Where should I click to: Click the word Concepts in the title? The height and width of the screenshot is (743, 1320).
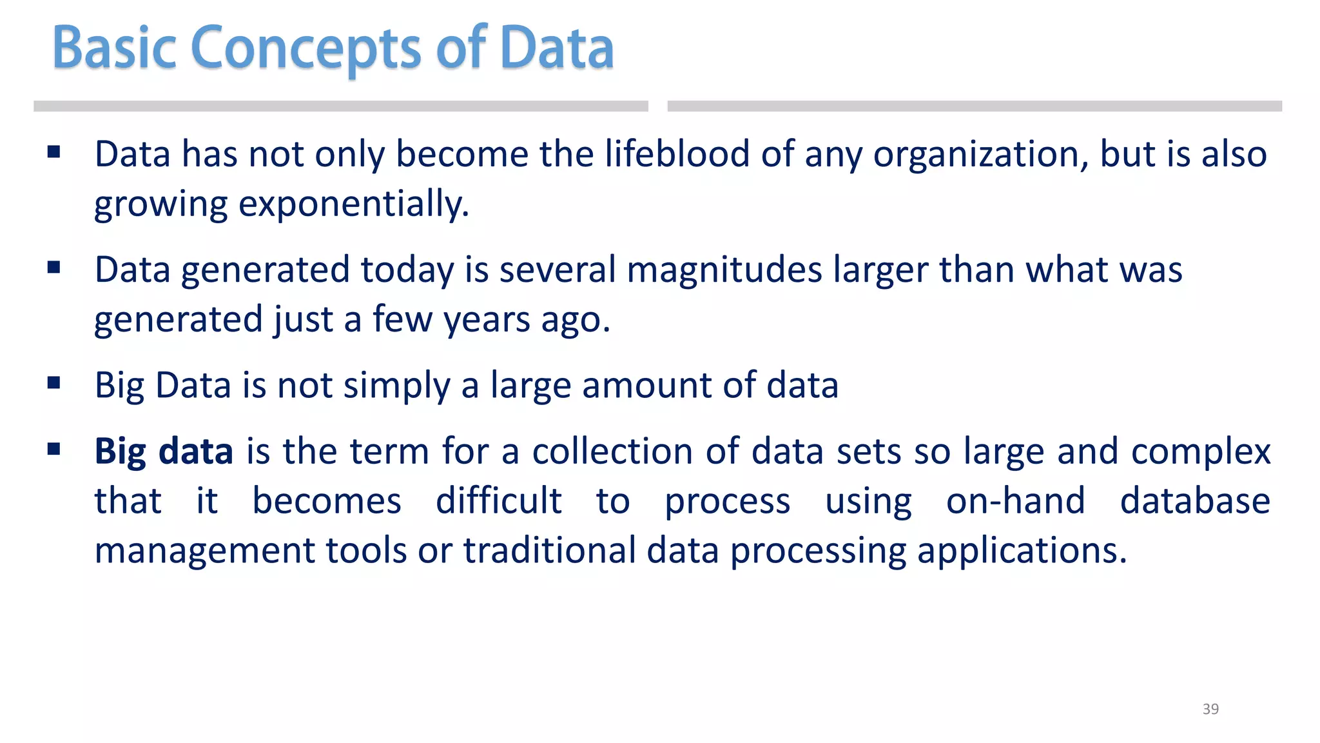click(306, 48)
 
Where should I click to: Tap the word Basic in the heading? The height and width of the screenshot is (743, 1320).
click(114, 48)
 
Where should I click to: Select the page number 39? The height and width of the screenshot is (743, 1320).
click(1210, 709)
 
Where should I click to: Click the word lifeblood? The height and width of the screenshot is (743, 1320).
click(677, 154)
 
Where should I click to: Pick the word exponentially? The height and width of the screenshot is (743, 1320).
click(354, 205)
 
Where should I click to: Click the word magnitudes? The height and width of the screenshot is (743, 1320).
click(724, 270)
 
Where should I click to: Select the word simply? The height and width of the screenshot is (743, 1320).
click(396, 386)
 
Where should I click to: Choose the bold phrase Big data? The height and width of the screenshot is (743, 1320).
click(164, 451)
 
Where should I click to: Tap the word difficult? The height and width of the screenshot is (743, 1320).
click(498, 501)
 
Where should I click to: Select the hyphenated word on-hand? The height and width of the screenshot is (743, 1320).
click(1015, 501)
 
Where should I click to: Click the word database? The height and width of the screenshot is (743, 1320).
click(1195, 501)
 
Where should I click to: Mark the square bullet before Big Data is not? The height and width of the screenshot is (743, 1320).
click(54, 383)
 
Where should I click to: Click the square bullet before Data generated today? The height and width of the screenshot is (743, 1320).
click(54, 267)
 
